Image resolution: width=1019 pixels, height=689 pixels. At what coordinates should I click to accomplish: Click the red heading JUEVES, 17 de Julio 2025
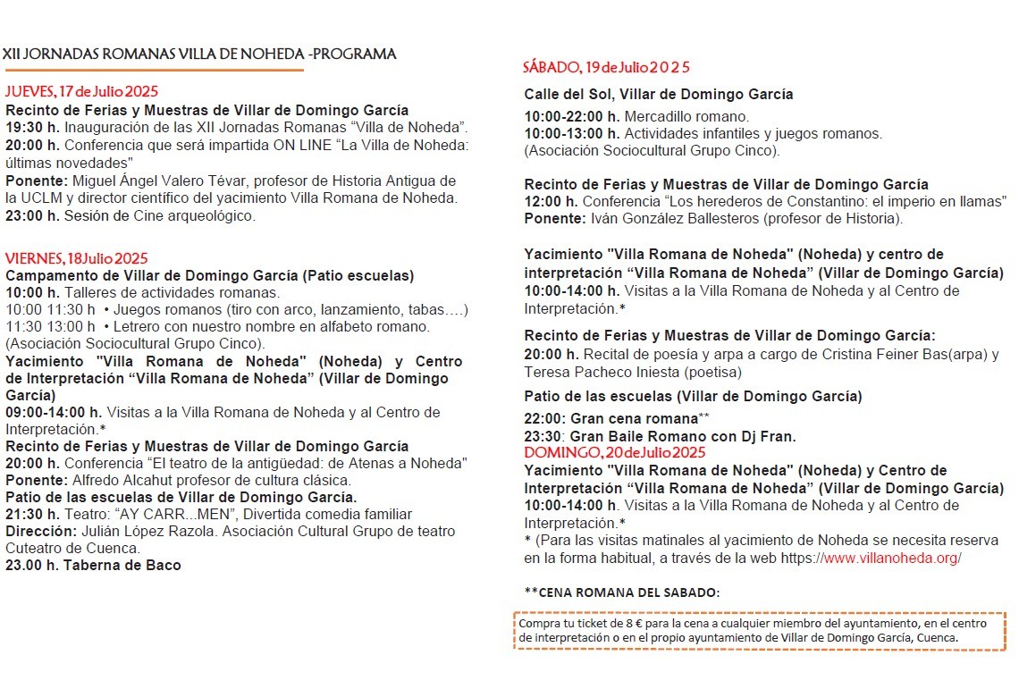[81, 91]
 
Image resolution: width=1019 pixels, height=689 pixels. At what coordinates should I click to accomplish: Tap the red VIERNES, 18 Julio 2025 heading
[76, 258]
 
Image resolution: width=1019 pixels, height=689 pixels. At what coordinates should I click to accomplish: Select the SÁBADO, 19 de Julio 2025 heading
[606, 68]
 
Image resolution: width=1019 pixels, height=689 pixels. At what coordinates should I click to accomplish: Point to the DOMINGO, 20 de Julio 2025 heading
[614, 452]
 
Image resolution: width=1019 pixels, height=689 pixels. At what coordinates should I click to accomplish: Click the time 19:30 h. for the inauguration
[32, 128]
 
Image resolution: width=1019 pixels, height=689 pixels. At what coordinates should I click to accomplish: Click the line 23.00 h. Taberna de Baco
[93, 565]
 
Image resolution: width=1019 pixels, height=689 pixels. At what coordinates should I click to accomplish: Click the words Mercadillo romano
[686, 116]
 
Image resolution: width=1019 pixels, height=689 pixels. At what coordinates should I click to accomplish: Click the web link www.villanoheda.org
[891, 558]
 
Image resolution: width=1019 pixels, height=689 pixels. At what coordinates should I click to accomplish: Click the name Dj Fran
[773, 436]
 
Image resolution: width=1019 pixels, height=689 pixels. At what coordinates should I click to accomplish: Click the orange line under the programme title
[153, 70]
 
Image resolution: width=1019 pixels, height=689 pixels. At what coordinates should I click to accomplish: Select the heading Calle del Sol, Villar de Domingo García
[658, 94]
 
